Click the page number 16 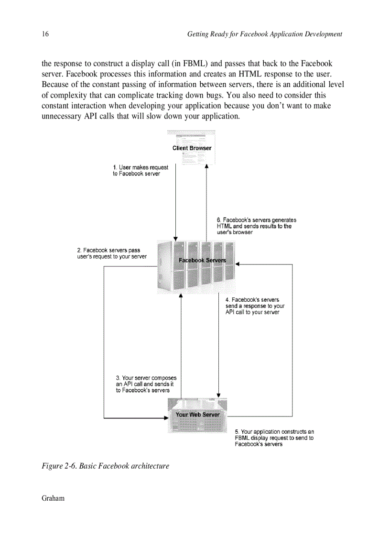(45, 34)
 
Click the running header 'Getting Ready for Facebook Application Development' (264, 34)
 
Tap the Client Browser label (192, 148)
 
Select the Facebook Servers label (202, 260)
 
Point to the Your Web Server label (197, 415)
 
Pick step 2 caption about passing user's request (112, 253)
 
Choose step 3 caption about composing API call (146, 384)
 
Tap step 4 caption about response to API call (255, 306)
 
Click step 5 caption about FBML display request (274, 438)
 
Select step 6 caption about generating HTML (256, 226)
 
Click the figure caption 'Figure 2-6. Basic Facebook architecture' (106, 466)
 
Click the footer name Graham (53, 498)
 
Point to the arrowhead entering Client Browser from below (207, 166)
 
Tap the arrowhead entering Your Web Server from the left (166, 418)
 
